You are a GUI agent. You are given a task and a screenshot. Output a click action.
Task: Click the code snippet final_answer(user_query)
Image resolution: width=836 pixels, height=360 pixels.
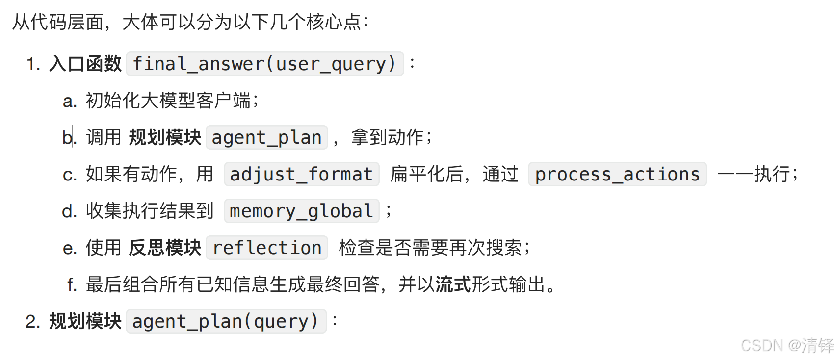pos(264,64)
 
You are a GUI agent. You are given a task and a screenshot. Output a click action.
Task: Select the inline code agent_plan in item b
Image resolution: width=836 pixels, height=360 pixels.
pos(266,137)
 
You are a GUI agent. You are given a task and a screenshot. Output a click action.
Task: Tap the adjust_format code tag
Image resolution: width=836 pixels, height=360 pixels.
pos(301,174)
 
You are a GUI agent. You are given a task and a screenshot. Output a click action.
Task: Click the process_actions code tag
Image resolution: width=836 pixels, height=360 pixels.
pos(617,174)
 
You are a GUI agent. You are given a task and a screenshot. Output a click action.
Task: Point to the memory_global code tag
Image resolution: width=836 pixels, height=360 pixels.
pos(301,211)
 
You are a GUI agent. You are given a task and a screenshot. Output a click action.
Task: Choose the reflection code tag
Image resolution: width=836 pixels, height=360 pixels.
pos(267,248)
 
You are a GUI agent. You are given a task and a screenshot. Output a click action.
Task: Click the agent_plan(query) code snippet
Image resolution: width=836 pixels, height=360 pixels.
pos(226,321)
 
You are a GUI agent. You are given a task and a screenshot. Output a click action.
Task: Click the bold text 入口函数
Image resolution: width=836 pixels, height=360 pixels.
pos(85,64)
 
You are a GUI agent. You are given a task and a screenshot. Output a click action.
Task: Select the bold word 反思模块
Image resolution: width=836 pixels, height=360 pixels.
pos(165,248)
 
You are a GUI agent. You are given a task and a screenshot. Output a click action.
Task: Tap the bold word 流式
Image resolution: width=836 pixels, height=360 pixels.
pos(453,284)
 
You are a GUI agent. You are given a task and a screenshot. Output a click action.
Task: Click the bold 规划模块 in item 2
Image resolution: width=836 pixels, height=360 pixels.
pos(85,321)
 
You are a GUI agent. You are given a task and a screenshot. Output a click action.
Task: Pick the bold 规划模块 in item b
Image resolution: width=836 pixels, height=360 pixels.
pos(165,137)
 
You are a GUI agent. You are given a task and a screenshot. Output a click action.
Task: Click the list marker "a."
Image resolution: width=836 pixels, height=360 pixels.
pos(70,101)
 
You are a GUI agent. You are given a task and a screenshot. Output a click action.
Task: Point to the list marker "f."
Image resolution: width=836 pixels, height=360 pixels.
pos(72,284)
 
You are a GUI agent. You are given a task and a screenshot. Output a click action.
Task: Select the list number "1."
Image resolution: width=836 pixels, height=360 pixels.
pos(33,64)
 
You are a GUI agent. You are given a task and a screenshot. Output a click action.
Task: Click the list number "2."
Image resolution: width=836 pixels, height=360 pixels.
pos(33,322)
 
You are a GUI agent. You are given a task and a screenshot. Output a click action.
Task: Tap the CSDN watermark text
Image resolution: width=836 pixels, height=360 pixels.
pos(787,346)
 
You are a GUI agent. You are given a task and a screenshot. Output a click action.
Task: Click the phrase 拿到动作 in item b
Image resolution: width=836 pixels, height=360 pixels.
pos(387,137)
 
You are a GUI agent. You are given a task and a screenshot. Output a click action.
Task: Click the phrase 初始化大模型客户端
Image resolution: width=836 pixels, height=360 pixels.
pos(168,101)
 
